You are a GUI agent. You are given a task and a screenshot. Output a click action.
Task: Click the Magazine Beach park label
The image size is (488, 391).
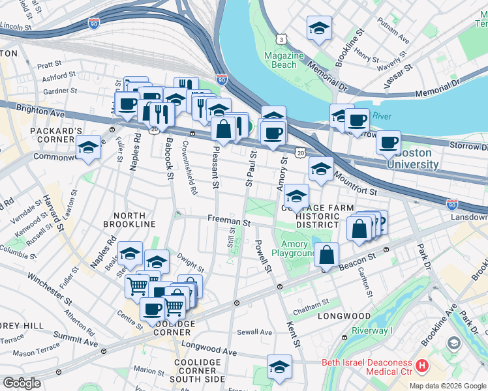pyautogui.click(x=284, y=60)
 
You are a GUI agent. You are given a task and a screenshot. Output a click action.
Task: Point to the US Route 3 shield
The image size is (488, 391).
pyautogui.click(x=281, y=40)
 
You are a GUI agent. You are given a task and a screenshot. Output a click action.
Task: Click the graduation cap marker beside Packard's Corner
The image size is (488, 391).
pyautogui.click(x=89, y=149)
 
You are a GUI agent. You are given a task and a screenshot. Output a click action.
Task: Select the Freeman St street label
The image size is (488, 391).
pyautogui.click(x=229, y=222)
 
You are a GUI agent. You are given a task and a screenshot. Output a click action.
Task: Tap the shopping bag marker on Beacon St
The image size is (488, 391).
pyautogui.click(x=327, y=255)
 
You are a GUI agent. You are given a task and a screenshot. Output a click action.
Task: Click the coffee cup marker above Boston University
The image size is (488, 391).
pyautogui.click(x=389, y=143)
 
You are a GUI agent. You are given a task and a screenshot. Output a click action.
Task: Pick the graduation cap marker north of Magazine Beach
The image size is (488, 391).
pyautogui.click(x=318, y=29)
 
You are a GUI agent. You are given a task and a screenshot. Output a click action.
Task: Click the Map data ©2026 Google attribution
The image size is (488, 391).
pyautogui.click(x=448, y=386)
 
